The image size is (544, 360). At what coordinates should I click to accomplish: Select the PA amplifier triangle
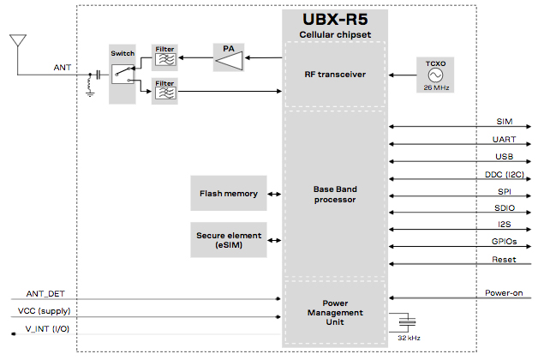tap(229, 58)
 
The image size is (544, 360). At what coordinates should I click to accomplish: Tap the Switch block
tap(123, 74)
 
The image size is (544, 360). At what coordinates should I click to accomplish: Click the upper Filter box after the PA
tap(164, 57)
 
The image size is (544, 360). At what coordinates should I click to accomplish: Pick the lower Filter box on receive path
tap(164, 88)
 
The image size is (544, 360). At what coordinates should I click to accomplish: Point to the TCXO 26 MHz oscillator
tap(435, 75)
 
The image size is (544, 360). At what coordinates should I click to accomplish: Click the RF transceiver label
tap(335, 75)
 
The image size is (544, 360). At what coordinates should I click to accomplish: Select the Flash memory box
tap(229, 194)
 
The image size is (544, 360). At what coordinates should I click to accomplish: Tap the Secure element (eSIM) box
tap(229, 240)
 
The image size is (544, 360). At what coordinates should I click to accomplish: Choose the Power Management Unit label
tap(335, 312)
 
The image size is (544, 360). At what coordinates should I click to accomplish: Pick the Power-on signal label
tap(504, 292)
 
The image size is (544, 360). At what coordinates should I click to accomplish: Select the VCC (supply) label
tap(45, 311)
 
